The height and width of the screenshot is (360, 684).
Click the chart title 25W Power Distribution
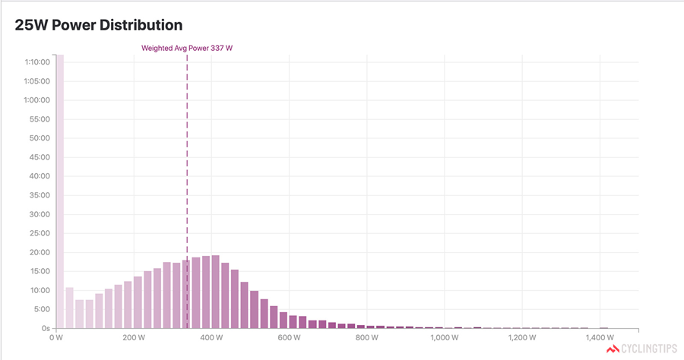[99, 24]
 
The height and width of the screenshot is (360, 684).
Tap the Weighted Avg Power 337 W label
[187, 48]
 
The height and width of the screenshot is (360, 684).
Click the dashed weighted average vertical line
[187, 152]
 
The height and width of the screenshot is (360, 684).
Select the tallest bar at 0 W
[59, 190]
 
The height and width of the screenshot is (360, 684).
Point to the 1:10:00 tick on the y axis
[38, 62]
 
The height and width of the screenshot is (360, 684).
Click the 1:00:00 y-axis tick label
[38, 100]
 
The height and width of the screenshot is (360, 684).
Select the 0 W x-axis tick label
[55, 338]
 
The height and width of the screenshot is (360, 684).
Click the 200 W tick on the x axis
[134, 338]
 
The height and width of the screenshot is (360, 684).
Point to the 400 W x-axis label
[211, 338]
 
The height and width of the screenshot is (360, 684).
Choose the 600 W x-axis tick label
[289, 338]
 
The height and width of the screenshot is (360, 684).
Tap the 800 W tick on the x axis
[367, 338]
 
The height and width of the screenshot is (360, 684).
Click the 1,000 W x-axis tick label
[445, 338]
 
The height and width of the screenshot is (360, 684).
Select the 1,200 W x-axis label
[522, 338]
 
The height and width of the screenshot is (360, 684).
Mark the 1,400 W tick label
[600, 338]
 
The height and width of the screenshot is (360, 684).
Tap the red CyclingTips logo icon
[613, 350]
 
